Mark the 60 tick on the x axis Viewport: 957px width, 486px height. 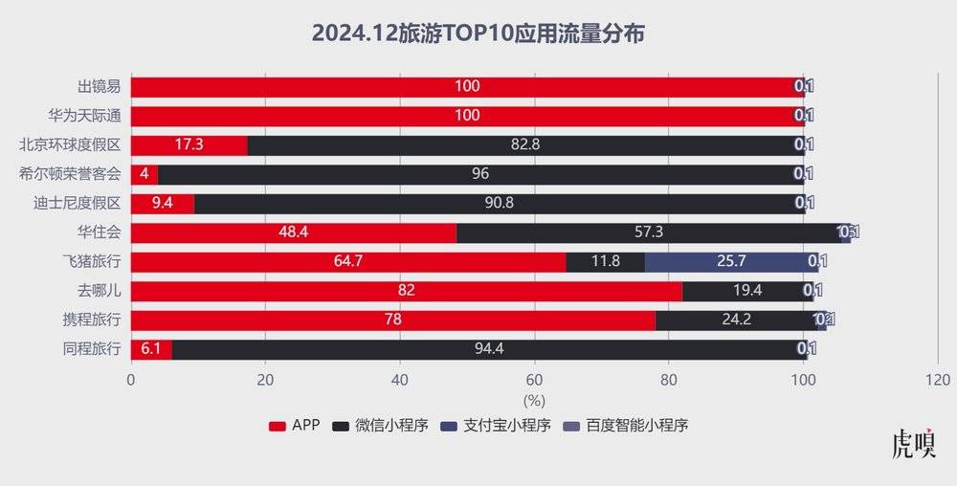tap(535, 379)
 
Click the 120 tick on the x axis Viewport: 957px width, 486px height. tap(938, 379)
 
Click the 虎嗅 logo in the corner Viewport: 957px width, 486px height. tap(913, 446)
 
